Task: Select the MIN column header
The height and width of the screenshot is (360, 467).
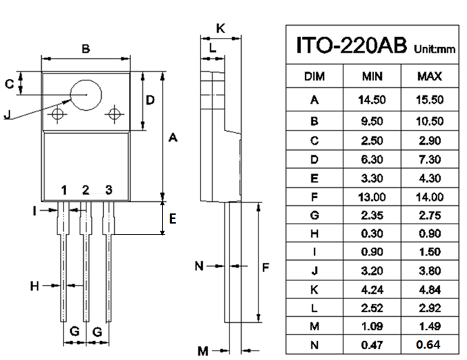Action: coord(372,76)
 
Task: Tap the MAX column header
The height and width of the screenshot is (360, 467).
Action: coord(429,76)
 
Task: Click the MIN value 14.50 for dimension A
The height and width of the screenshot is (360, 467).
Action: coord(372,100)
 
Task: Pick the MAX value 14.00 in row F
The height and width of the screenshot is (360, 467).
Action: coord(429,197)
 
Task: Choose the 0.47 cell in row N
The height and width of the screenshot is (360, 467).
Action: coord(372,345)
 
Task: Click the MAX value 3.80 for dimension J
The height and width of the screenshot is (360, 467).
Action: coord(429,271)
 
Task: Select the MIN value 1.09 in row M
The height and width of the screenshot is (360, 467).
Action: coord(372,327)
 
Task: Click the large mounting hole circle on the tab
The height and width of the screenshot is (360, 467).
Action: coord(86,95)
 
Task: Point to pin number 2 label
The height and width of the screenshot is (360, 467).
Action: coord(86,189)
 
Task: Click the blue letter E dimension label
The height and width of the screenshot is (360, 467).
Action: coord(173,219)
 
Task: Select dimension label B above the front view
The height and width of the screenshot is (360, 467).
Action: coord(86,49)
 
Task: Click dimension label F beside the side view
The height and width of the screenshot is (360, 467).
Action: coord(266,267)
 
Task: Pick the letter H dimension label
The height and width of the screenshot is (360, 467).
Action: coord(34,286)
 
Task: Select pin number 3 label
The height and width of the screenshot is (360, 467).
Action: coord(108,189)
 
